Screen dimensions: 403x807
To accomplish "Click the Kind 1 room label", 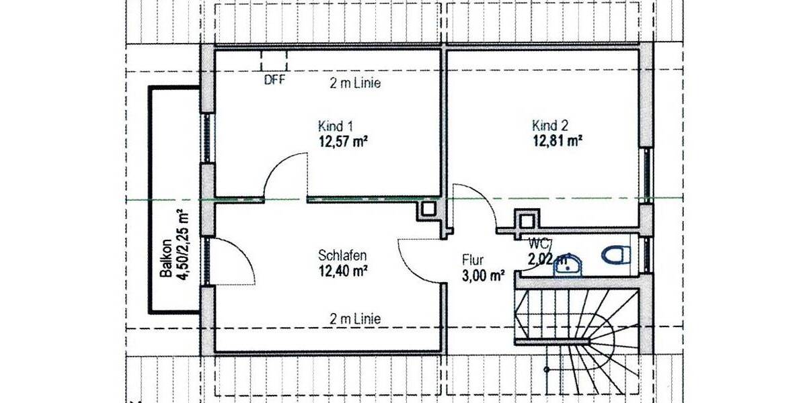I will click(x=336, y=126).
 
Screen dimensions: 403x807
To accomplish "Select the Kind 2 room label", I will click(x=550, y=126).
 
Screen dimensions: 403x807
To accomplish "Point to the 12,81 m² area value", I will click(x=556, y=140).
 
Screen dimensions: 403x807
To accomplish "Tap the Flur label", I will click(x=473, y=260).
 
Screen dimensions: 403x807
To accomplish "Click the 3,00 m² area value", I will click(x=484, y=275).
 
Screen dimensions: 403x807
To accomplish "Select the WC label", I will click(x=539, y=243).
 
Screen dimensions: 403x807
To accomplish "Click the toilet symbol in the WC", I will click(x=615, y=255).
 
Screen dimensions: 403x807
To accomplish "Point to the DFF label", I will click(x=274, y=80).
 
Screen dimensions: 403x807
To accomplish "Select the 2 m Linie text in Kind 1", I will click(x=355, y=84).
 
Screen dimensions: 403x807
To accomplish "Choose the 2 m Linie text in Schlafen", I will click(x=355, y=318).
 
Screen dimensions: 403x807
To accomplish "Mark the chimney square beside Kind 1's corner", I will click(x=428, y=212).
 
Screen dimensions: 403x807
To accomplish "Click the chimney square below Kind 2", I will click(x=526, y=220).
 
